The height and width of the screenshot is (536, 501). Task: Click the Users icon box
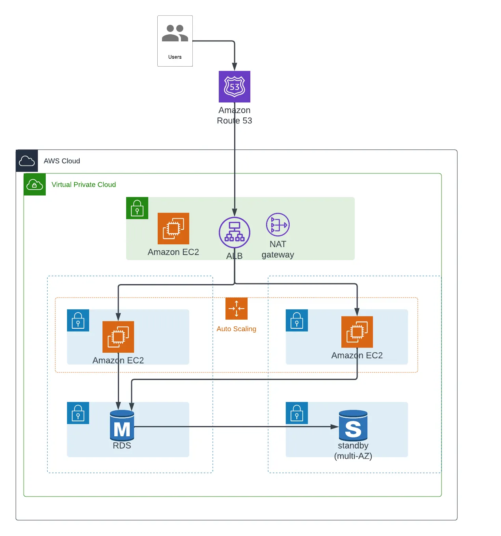pyautogui.click(x=175, y=41)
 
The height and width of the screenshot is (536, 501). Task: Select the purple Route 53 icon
pyautogui.click(x=234, y=87)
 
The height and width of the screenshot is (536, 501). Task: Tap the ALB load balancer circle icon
pyautogui.click(x=234, y=233)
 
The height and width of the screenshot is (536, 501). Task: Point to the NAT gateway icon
pyautogui.click(x=278, y=225)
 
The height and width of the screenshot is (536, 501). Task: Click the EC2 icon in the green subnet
pyautogui.click(x=173, y=228)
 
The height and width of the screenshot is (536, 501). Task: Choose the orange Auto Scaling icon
pyautogui.click(x=237, y=309)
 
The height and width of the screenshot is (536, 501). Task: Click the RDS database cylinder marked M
pyautogui.click(x=122, y=426)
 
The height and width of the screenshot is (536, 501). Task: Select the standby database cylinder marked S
pyautogui.click(x=353, y=426)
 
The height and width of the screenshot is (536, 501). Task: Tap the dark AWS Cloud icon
pyautogui.click(x=27, y=161)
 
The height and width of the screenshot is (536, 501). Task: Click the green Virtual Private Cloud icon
pyautogui.click(x=35, y=184)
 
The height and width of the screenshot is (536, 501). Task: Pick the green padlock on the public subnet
pyautogui.click(x=137, y=208)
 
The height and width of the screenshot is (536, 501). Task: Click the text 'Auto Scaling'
pyautogui.click(x=237, y=329)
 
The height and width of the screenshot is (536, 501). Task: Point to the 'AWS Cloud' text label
pyautogui.click(x=62, y=161)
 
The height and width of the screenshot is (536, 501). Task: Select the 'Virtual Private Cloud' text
pyautogui.click(x=84, y=184)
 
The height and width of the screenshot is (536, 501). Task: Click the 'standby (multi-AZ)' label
pyautogui.click(x=353, y=451)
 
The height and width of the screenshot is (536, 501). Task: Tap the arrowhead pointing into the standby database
pyautogui.click(x=335, y=427)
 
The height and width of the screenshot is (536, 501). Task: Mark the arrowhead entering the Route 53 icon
pyautogui.click(x=235, y=67)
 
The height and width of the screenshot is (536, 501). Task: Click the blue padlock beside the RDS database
pyautogui.click(x=78, y=413)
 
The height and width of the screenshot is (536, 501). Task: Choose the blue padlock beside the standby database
pyautogui.click(x=297, y=413)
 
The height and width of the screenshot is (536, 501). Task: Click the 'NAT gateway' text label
pyautogui.click(x=278, y=249)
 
